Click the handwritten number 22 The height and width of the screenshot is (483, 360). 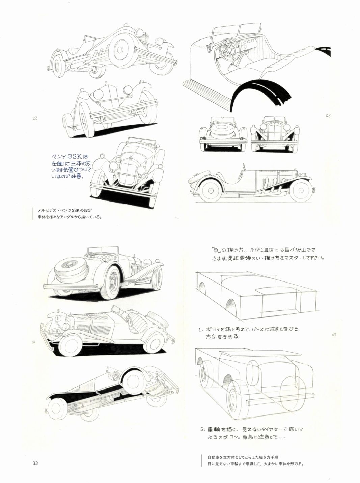pyautogui.click(x=35, y=118)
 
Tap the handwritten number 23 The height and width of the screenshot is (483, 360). pyautogui.click(x=328, y=116)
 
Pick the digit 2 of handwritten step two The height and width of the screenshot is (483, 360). pyautogui.click(x=202, y=430)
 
